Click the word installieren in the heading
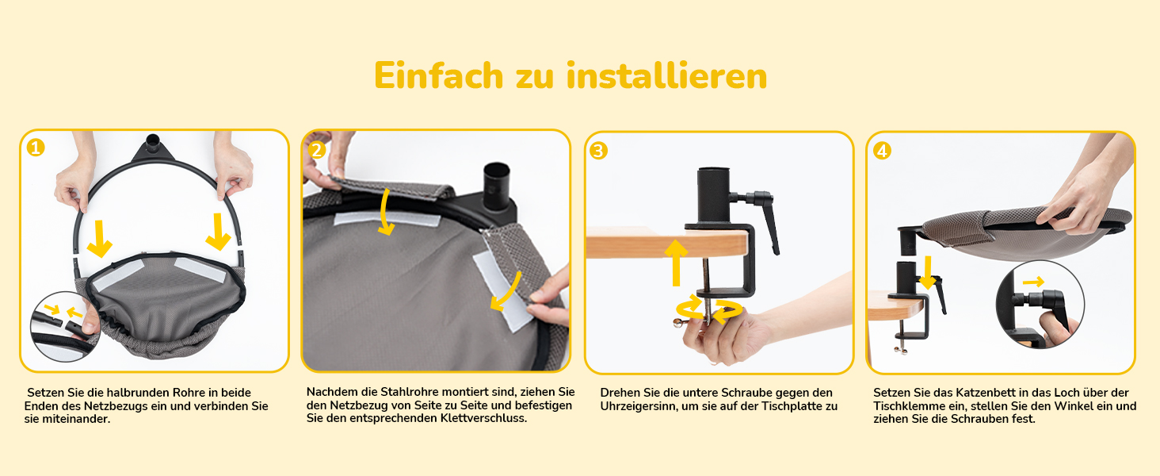click(x=667, y=76)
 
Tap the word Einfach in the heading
click(x=439, y=76)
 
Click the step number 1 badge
click(x=35, y=148)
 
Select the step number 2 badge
click(x=316, y=150)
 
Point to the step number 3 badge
click(x=598, y=151)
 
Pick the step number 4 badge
click(x=882, y=151)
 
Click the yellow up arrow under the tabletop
click(x=676, y=262)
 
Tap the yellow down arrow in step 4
click(x=928, y=272)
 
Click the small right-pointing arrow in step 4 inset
click(x=1033, y=282)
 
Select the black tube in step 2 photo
click(x=496, y=186)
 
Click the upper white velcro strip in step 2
click(x=387, y=219)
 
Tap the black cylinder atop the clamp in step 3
click(x=714, y=194)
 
